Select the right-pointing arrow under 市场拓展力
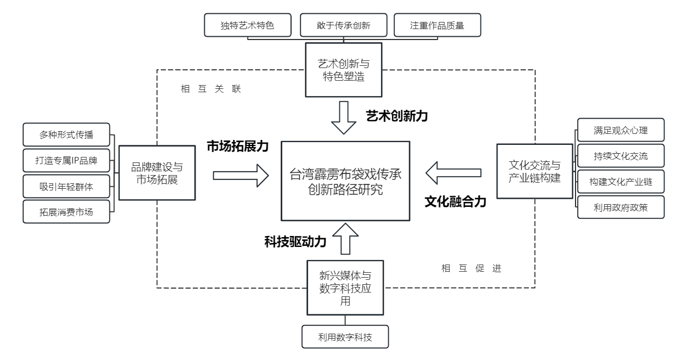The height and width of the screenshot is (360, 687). (241, 176)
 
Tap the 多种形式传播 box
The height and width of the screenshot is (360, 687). (66, 134)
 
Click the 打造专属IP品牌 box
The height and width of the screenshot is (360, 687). (66, 160)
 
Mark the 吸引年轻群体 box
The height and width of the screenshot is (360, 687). (66, 185)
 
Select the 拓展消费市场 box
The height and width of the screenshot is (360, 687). (66, 211)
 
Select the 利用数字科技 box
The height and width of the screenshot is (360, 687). (345, 336)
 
